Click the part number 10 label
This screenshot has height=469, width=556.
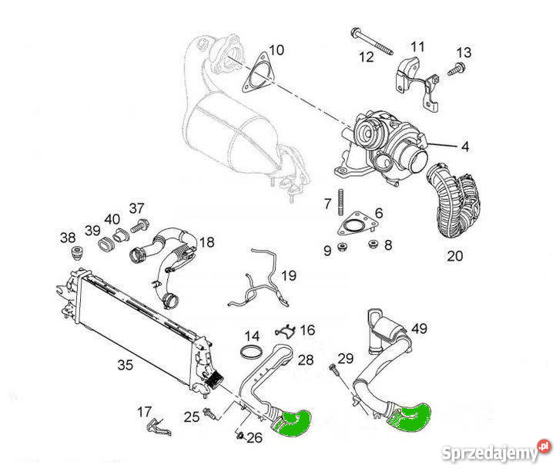click(276, 50)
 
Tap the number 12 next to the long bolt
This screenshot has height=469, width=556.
click(365, 56)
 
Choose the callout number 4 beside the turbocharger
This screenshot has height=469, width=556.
click(465, 146)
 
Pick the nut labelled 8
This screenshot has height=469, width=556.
click(372, 245)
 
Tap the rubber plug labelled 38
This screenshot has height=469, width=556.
click(76, 253)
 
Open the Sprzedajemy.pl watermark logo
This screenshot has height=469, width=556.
click(506, 447)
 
